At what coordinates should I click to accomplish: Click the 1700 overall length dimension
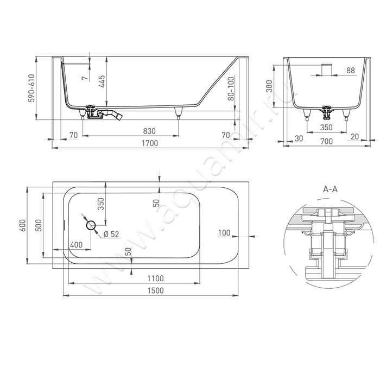pos(150,143)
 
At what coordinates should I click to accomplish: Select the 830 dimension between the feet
pos(149,131)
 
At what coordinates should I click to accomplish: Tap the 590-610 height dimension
pos(31,88)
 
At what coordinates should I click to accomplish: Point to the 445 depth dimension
pos(102,81)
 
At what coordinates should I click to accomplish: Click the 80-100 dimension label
pos(231,88)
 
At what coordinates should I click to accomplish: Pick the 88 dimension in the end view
pos(351,70)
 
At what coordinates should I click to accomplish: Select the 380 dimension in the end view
pos(269,86)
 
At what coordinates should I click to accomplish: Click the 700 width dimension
pos(326,141)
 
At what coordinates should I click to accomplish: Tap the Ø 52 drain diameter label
pos(111,234)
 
